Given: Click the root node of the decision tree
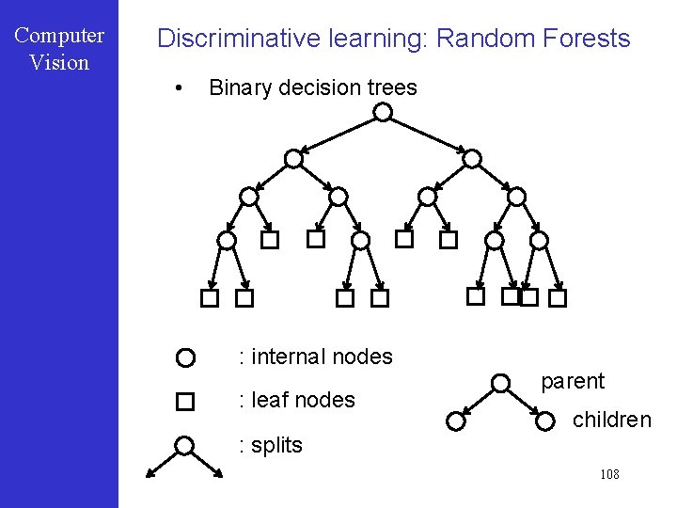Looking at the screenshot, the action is pos(383,113).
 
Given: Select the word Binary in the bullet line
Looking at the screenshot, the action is pos(240,87).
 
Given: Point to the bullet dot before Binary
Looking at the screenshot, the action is pos(177,88).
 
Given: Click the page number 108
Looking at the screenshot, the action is pos(609,474).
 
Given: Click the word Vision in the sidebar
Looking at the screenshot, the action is pos(59,63).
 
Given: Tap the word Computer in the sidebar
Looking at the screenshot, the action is pos(59,36).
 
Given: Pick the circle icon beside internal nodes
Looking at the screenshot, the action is pos(185,357).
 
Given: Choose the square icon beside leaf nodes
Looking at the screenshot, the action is pos(185,402).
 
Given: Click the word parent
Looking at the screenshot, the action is pos(573,381).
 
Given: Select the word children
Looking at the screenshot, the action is pos(611,420).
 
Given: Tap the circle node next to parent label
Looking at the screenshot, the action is pos(501,383).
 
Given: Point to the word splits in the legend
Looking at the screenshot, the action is pos(276,445).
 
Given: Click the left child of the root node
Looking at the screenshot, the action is pos(293,159).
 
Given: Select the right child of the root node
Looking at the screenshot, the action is pos(472,159).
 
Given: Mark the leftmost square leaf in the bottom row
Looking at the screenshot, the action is pos(209,298).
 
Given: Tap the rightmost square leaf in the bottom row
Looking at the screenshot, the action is pos(558,298).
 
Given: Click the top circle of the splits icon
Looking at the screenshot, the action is pos(185,445).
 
